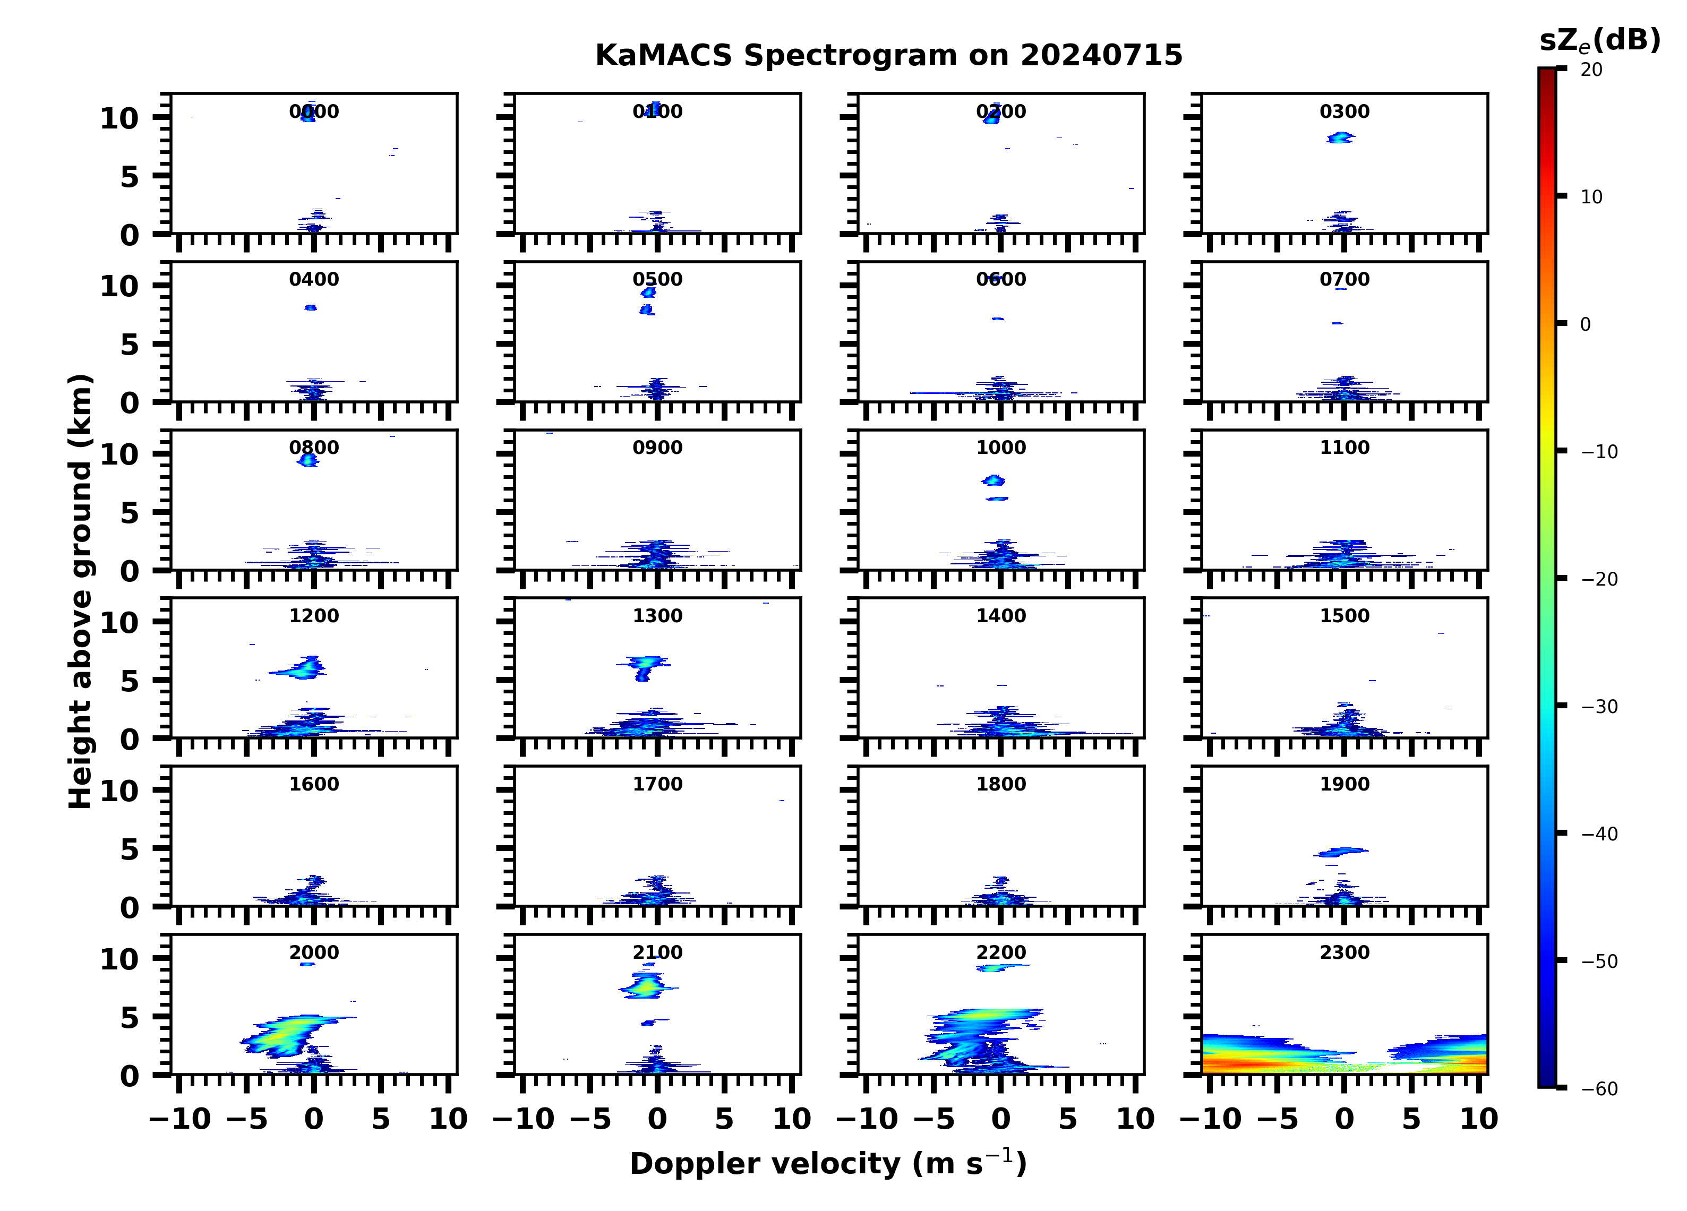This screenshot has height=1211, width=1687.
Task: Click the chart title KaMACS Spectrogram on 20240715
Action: click(888, 55)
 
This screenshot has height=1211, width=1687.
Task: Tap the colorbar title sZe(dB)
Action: click(1599, 40)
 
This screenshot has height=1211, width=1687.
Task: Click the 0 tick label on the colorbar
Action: click(1585, 324)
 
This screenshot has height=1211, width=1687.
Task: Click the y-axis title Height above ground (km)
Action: click(80, 591)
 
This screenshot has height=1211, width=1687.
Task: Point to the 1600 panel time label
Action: click(314, 784)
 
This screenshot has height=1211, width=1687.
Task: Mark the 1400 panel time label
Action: click(1000, 616)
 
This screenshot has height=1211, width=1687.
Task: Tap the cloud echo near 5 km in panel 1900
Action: click(1342, 851)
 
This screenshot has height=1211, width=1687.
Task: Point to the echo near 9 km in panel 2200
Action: click(1000, 968)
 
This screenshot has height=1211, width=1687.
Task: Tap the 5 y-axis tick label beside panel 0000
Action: click(130, 177)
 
